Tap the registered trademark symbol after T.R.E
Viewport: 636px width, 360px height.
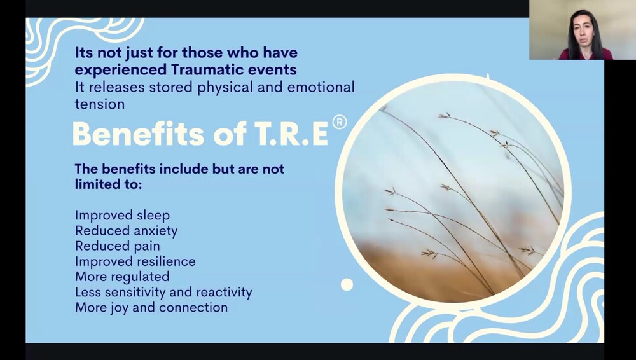[340, 122]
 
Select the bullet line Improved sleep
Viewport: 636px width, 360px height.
[122, 216]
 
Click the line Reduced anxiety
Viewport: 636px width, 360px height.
[126, 231]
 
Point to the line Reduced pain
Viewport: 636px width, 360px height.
[117, 246]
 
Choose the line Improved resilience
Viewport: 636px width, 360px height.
[135, 261]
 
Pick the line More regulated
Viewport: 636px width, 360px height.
[122, 277]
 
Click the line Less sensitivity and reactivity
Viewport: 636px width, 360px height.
[163, 293]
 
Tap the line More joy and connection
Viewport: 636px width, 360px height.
[151, 308]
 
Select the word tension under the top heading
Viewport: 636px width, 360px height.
[100, 104]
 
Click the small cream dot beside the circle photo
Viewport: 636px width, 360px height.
[347, 284]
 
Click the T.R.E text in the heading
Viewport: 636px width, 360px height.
[292, 134]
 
